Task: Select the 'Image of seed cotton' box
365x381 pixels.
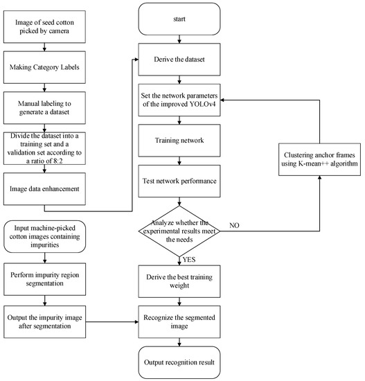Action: pos(44,30)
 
